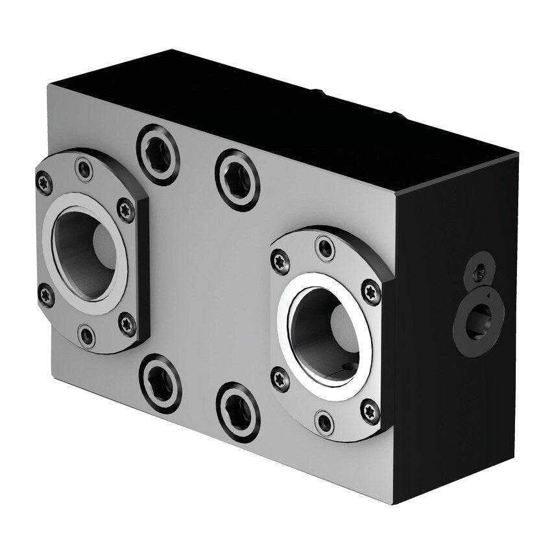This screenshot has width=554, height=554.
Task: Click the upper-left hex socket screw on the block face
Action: pyautogui.click(x=158, y=154)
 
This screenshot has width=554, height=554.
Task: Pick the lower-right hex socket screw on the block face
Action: pyautogui.click(x=238, y=412)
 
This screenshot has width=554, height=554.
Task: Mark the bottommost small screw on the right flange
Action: pyautogui.click(x=324, y=422)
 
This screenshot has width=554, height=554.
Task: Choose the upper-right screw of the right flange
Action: pyautogui.click(x=370, y=291)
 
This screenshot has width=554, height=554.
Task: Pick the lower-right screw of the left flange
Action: pyautogui.click(x=127, y=322)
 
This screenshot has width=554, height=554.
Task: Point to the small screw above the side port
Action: pyautogui.click(x=478, y=274)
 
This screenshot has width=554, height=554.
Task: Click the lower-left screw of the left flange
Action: pyautogui.click(x=45, y=296)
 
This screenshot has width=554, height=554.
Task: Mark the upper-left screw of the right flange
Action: pyautogui.click(x=280, y=259)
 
